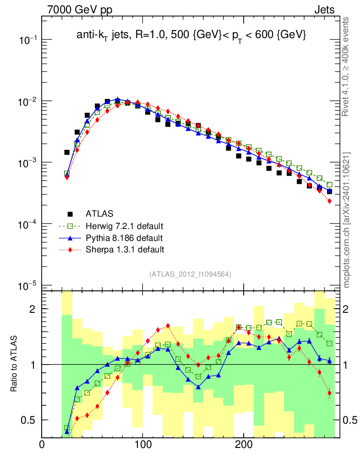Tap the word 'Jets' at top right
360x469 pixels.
[325, 10]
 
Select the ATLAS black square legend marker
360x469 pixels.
[70, 213]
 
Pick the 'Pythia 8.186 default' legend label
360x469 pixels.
[124, 238]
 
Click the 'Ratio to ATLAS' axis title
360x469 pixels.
[15, 364]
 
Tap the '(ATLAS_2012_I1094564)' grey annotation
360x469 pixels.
[190, 274]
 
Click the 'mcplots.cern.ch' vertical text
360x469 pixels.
[347, 220]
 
